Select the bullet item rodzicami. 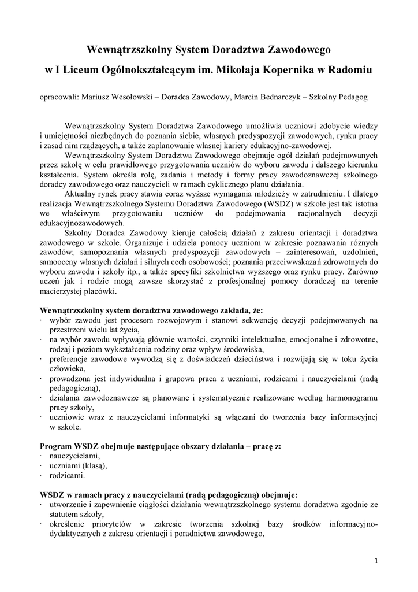(67, 475)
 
